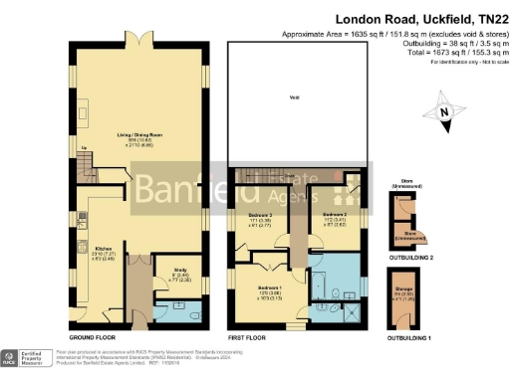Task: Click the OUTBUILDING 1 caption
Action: click(x=409, y=338)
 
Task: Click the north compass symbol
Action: click(x=445, y=111)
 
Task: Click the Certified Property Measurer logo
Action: click(x=27, y=357)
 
